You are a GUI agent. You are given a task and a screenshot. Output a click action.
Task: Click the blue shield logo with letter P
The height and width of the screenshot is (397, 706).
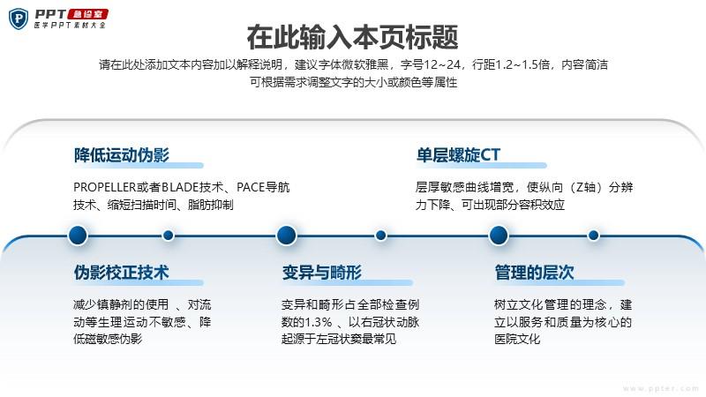pyautogui.click(x=18, y=19)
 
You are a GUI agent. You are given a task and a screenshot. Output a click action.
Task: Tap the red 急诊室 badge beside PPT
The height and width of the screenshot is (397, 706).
pyautogui.click(x=87, y=14)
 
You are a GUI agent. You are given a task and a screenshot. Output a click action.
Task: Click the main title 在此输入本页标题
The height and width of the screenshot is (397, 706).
pyautogui.click(x=352, y=37)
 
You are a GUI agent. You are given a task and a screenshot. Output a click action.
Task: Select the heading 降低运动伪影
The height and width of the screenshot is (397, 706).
pyautogui.click(x=122, y=155)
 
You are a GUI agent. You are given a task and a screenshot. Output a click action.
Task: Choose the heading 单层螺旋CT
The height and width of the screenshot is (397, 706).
pyautogui.click(x=458, y=155)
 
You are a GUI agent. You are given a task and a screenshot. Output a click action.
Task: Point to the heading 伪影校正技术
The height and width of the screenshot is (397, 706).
pyautogui.click(x=122, y=273)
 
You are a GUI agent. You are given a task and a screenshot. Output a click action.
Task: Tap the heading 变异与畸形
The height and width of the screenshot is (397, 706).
pyautogui.click(x=322, y=273)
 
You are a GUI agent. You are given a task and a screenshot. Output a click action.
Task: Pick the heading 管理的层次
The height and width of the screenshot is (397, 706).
pyautogui.click(x=534, y=273)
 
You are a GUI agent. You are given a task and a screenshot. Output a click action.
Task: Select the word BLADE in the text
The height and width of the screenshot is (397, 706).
pyautogui.click(x=180, y=187)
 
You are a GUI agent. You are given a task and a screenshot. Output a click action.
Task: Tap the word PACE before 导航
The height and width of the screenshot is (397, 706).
pyautogui.click(x=251, y=187)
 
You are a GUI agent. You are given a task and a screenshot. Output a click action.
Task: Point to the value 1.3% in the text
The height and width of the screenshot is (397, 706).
pyautogui.click(x=319, y=322)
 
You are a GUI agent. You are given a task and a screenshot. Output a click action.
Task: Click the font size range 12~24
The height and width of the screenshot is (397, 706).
pyautogui.click(x=442, y=64)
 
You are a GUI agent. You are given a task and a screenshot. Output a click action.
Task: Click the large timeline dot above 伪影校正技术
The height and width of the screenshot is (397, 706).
pyautogui.click(x=78, y=235)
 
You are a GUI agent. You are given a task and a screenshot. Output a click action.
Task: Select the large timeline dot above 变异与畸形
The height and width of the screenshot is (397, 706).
pyautogui.click(x=286, y=235)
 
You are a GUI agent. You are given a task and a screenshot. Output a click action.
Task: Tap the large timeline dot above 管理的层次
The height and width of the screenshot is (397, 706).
pyautogui.click(x=499, y=235)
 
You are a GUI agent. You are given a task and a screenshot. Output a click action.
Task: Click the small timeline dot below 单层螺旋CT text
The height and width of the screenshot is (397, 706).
pyautogui.click(x=593, y=235)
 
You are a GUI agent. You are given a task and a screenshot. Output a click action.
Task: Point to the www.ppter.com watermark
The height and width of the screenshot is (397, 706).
pyautogui.click(x=660, y=388)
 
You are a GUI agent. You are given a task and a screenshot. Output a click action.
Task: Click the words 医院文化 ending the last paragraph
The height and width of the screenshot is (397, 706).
pyautogui.click(x=517, y=339)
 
